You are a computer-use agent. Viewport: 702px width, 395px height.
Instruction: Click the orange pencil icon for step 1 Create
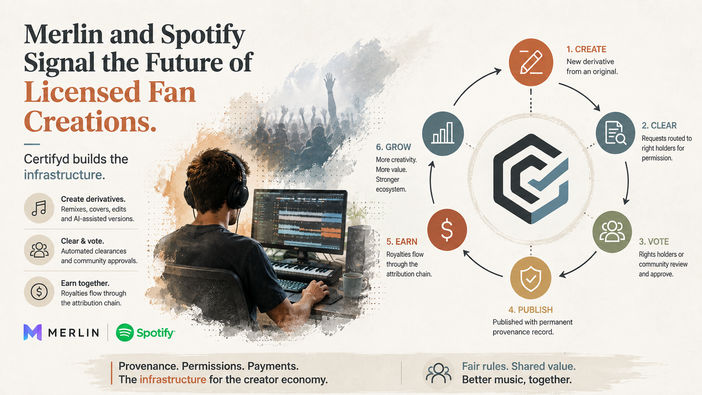click(x=531, y=62)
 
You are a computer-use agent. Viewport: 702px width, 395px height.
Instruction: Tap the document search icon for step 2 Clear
click(x=615, y=133)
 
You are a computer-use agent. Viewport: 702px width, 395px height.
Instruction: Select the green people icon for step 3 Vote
click(x=612, y=231)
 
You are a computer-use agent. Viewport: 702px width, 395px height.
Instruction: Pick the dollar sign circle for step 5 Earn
click(x=447, y=230)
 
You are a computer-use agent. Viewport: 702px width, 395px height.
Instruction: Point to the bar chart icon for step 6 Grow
click(x=443, y=133)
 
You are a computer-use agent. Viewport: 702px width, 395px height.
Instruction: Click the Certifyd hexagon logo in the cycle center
click(x=531, y=179)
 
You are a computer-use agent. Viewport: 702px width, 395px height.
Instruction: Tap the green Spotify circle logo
click(x=125, y=332)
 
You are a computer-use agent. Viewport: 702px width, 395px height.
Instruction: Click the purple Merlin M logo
click(x=33, y=332)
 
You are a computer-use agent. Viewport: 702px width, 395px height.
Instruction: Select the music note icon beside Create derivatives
click(x=39, y=208)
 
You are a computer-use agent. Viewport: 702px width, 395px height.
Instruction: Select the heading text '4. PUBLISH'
click(x=530, y=310)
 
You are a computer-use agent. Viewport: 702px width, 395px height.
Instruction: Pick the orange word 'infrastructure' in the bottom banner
click(x=173, y=379)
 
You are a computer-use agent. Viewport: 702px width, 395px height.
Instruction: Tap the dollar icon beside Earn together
click(x=39, y=292)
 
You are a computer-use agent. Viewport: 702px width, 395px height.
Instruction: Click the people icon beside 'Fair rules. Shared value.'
click(x=438, y=374)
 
